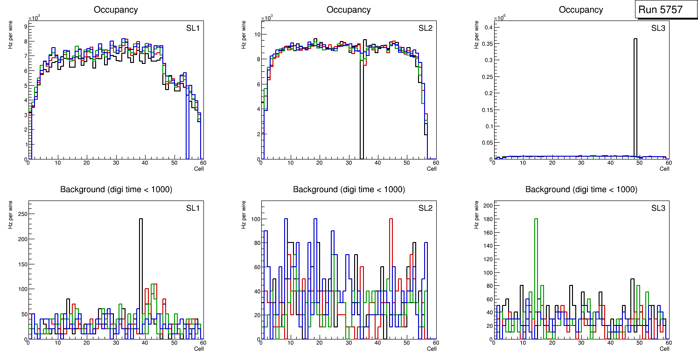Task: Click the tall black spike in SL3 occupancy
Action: pos(635,93)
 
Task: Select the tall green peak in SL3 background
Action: pos(536,261)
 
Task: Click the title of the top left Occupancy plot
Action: pos(116,10)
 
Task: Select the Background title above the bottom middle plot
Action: pos(349,189)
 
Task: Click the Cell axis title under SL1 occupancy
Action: pos(199,168)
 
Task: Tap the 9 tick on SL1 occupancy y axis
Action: pos(25,27)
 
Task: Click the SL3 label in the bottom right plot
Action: pos(658,208)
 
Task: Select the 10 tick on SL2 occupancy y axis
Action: pos(257,35)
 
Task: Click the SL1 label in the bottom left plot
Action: pos(192,208)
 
